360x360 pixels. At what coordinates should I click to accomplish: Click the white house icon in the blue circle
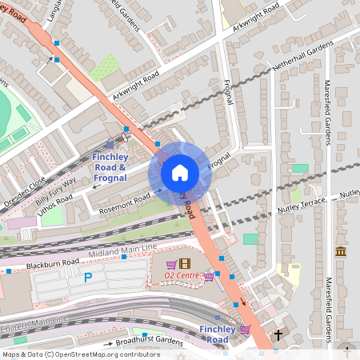(x=180, y=172)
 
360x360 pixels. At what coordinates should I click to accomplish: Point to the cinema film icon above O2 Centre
(x=186, y=264)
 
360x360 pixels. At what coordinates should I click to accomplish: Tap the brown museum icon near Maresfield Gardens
(x=341, y=252)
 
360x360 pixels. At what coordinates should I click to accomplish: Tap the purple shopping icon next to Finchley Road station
(x=245, y=329)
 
